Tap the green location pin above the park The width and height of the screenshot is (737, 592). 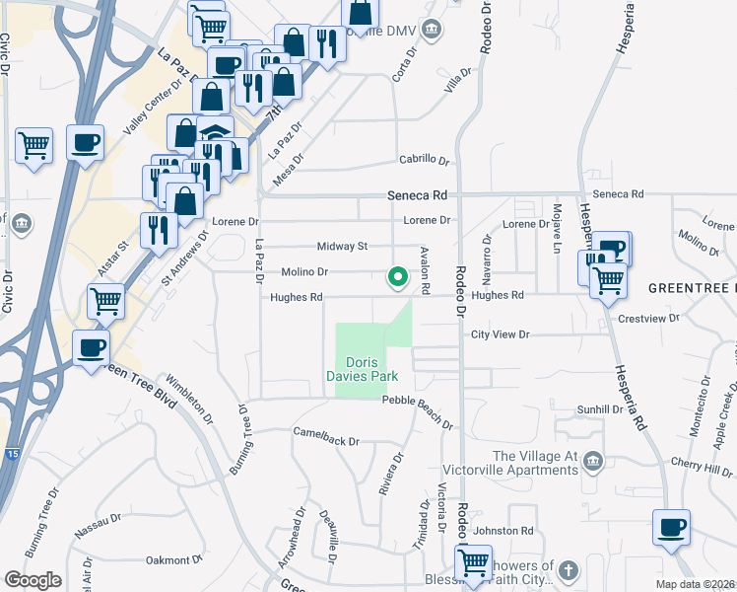(398, 278)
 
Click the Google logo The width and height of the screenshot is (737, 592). (33, 580)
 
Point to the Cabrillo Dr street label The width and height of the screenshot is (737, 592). (424, 160)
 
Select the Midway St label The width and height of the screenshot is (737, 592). (342, 246)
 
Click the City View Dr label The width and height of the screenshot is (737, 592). (502, 335)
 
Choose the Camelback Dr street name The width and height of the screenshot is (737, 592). (326, 435)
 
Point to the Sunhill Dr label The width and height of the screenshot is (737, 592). (600, 408)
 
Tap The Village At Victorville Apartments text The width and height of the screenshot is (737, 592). (534, 463)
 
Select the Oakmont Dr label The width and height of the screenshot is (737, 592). (174, 560)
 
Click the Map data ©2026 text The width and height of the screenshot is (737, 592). (696, 584)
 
